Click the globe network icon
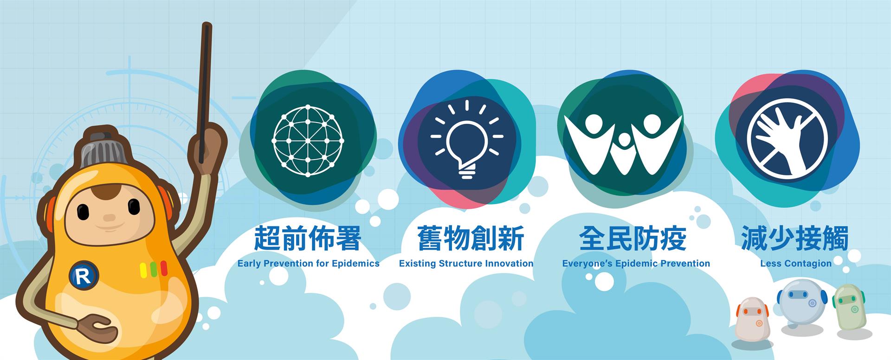point(308,141)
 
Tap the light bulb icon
point(467,139)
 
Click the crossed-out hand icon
point(787,140)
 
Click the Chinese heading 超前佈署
point(308,238)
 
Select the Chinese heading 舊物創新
point(471,238)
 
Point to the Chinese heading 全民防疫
point(633,238)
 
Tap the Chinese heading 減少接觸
point(795,238)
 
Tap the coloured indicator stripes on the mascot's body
point(154,269)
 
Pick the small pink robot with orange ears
point(752,318)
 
